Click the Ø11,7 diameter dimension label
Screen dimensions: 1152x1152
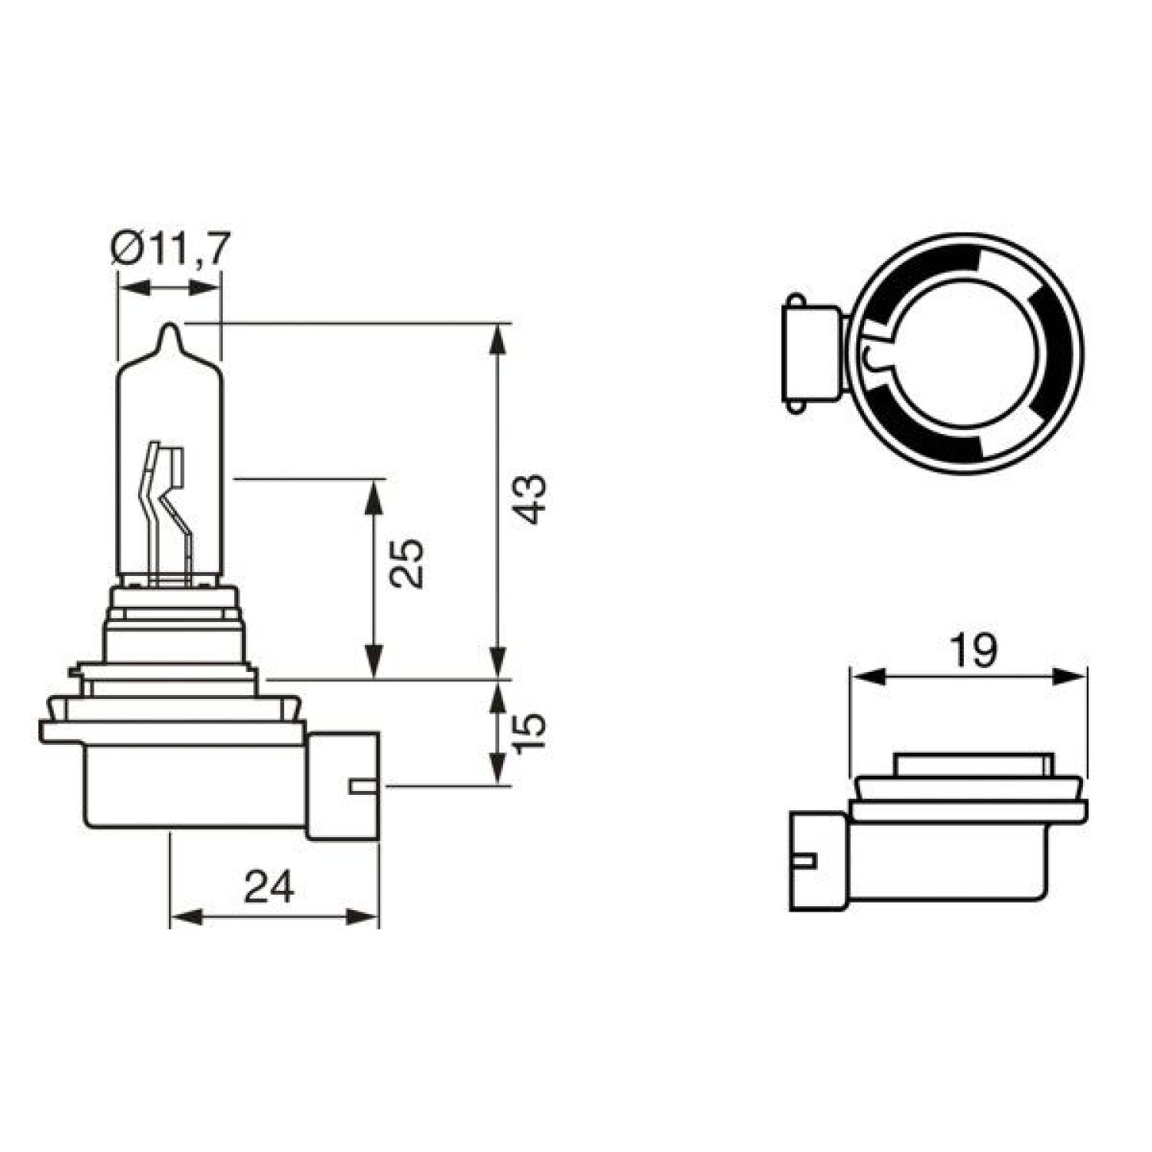coord(170,249)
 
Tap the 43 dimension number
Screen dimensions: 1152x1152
coord(531,499)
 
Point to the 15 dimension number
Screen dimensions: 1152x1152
coord(529,733)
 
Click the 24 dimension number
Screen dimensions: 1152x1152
coord(270,888)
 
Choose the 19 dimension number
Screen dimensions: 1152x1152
coord(973,651)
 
